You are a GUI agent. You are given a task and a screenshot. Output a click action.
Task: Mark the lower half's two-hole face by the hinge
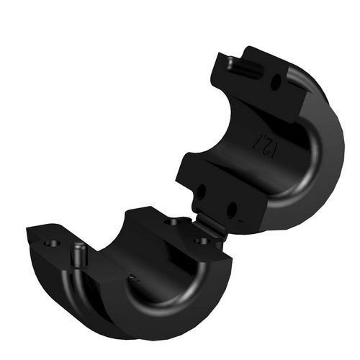pyautogui.click(x=180, y=227)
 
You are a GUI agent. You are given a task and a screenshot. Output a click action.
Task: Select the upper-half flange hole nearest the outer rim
pyautogui.click(x=233, y=210)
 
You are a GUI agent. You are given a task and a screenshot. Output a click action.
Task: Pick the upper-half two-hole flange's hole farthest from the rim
pyautogui.click(x=201, y=192)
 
